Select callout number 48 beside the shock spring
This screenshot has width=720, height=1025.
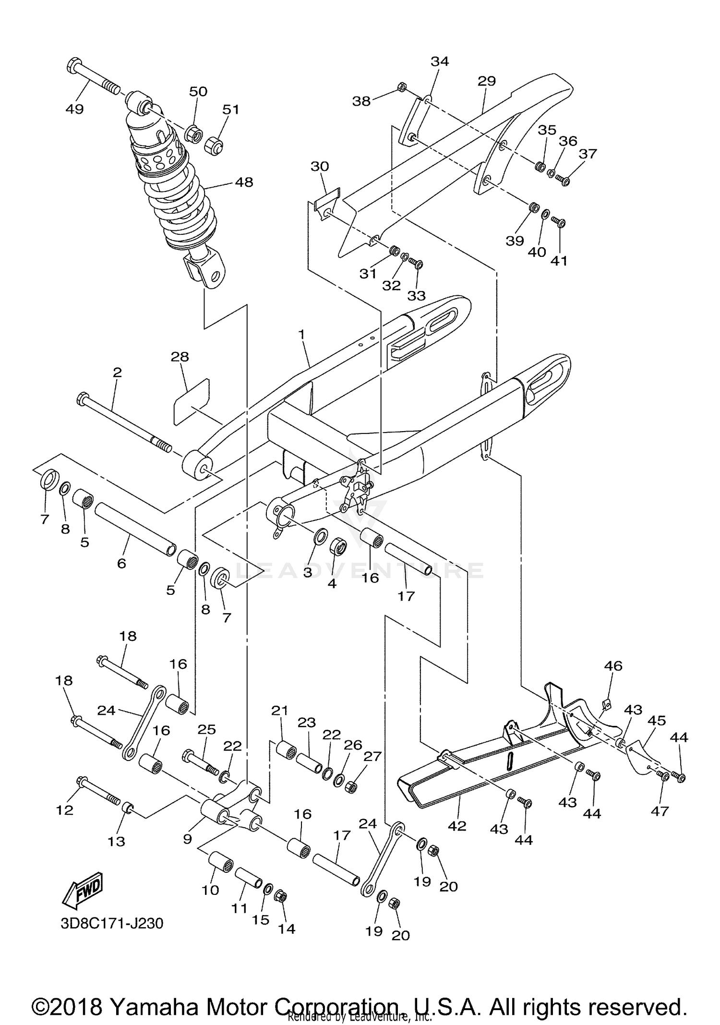click(243, 182)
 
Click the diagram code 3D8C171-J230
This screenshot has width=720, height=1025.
click(112, 937)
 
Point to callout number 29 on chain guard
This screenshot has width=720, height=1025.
click(486, 81)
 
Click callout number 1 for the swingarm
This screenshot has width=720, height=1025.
click(301, 335)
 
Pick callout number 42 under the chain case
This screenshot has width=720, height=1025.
click(457, 826)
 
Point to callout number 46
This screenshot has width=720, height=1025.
click(613, 666)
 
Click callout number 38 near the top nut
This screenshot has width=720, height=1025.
click(361, 101)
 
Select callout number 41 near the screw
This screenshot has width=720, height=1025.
click(559, 261)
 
